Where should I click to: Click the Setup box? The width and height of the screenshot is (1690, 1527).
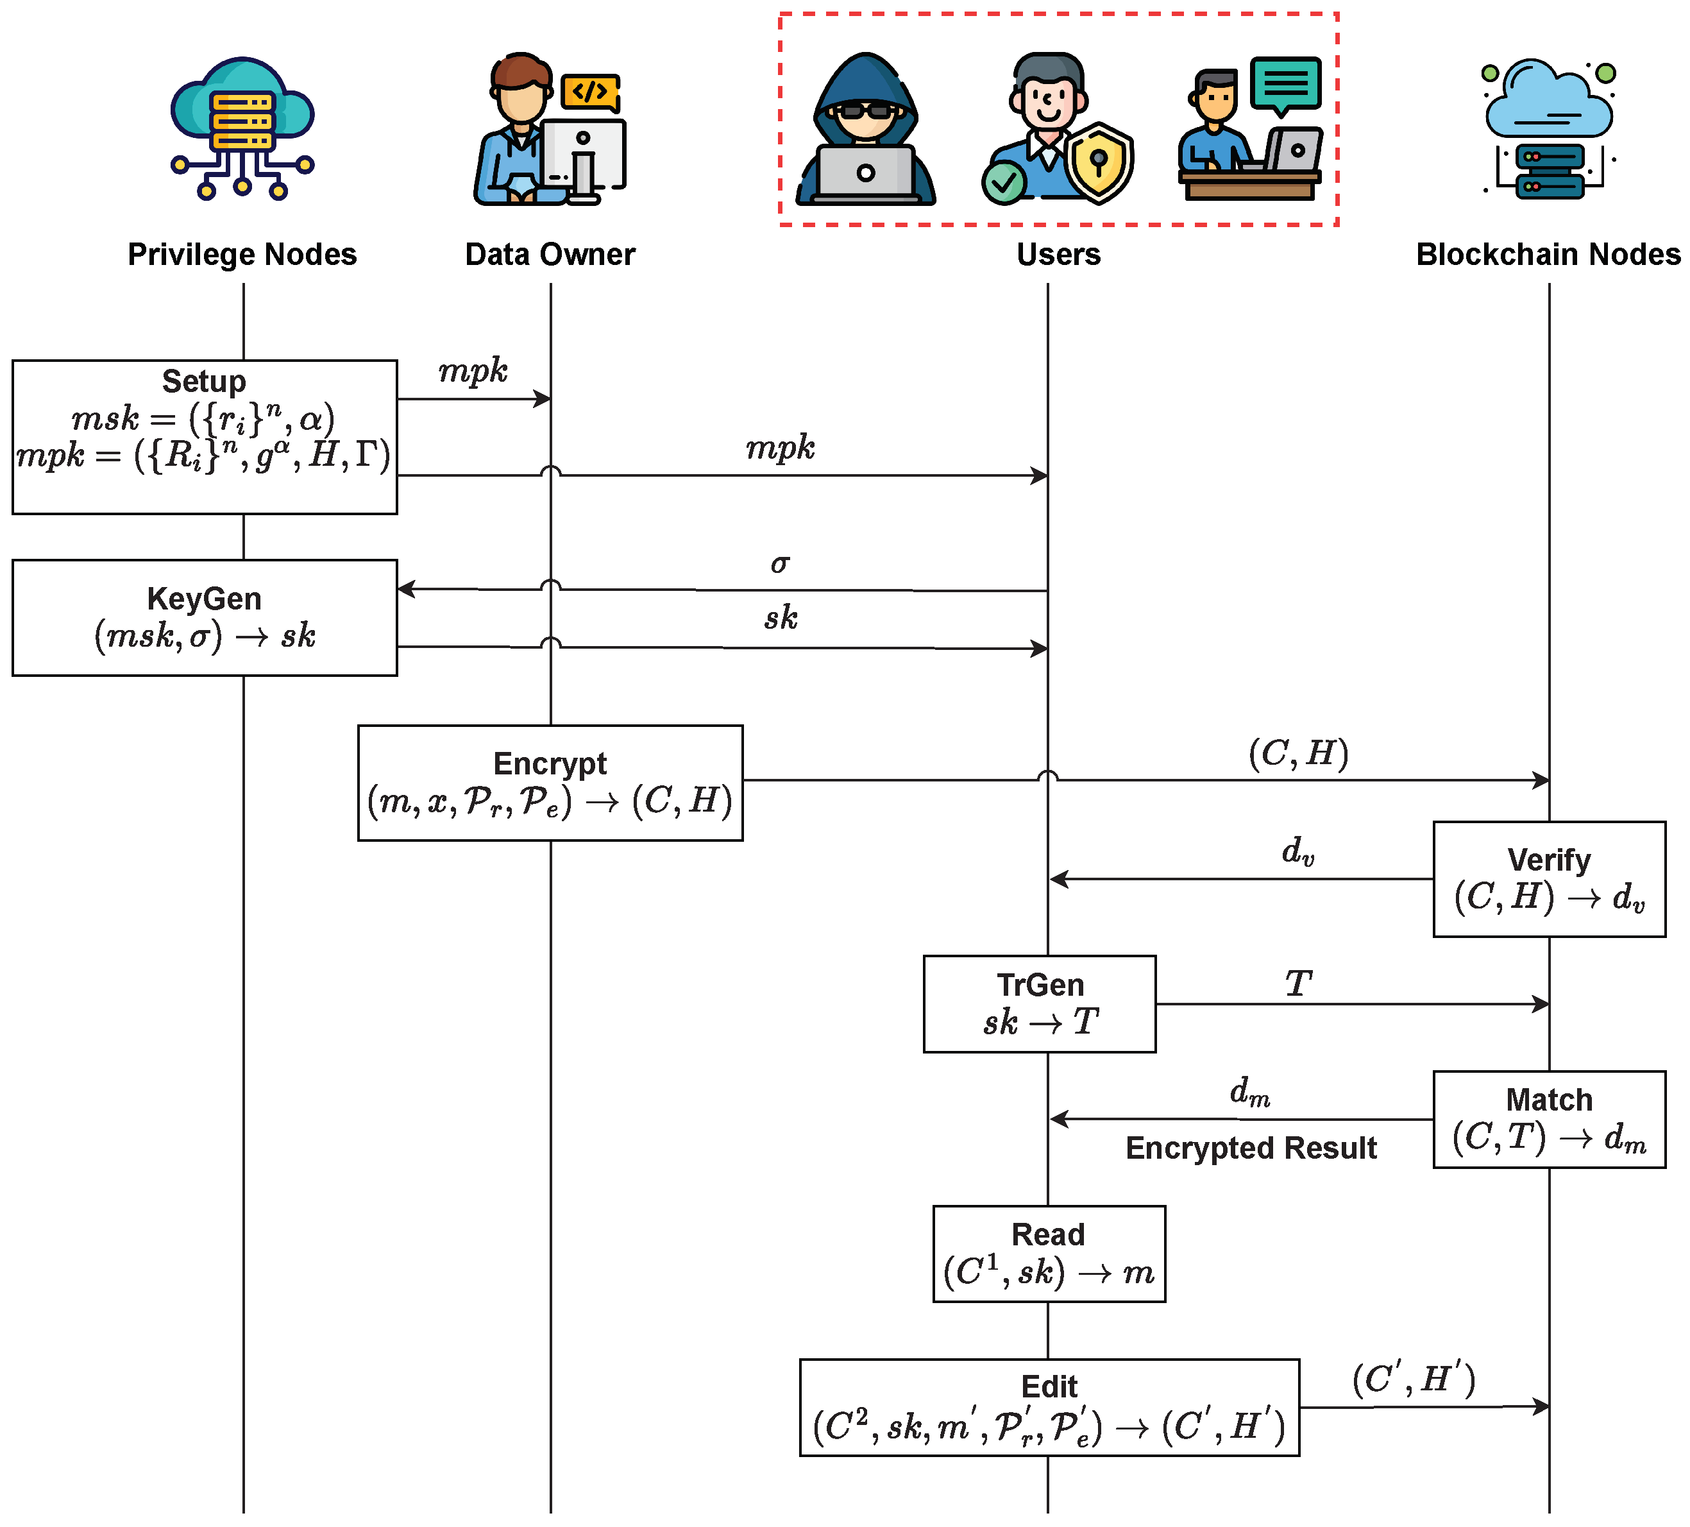205,437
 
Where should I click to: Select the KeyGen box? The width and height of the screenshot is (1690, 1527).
205,618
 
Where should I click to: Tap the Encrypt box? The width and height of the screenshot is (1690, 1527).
550,782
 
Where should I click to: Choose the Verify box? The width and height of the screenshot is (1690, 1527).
1548,879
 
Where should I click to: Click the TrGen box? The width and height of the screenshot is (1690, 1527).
1040,1003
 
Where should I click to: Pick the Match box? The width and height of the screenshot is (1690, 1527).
1548,1119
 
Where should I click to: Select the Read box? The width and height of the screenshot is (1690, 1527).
1049,1254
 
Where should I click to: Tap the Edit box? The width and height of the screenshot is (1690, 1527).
1049,1407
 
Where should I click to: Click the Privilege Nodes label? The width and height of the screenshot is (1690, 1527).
242,254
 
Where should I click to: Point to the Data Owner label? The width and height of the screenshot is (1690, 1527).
550,254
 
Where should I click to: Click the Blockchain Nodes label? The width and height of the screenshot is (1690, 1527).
1548,254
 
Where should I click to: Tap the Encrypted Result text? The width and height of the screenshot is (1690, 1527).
1251,1148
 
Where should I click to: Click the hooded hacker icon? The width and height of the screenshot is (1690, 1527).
865,130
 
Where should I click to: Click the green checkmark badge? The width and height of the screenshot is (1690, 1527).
1004,182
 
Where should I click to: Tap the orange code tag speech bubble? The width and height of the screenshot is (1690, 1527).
591,91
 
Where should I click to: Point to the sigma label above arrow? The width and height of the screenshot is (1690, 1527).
780,563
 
